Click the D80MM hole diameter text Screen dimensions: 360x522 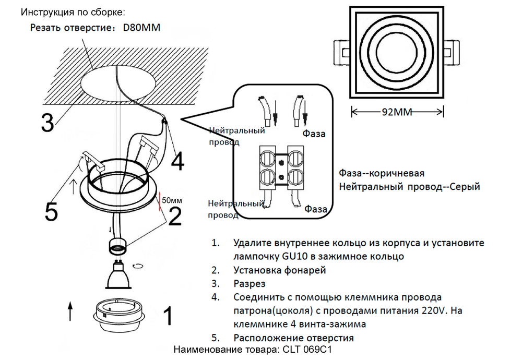(x=141, y=28)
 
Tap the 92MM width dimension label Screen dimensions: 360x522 (x=397, y=111)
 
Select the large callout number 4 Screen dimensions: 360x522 (x=177, y=161)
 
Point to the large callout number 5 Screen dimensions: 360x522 (x=51, y=211)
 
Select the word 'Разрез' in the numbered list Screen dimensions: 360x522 (x=250, y=283)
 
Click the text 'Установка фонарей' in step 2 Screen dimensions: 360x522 (x=280, y=270)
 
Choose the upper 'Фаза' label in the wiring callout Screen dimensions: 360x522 (x=314, y=134)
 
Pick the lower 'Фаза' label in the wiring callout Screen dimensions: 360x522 (x=315, y=209)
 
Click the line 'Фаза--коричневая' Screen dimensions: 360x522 (x=381, y=173)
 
